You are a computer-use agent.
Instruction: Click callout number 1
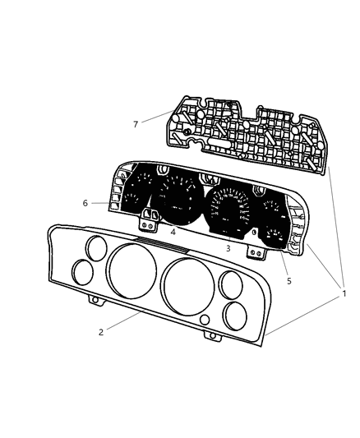coord(344,293)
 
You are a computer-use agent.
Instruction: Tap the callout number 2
coord(100,332)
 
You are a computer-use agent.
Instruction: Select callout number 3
coord(228,247)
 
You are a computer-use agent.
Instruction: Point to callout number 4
coord(173,232)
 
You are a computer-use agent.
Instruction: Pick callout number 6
coord(85,203)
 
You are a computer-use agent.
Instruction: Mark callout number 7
coord(136,123)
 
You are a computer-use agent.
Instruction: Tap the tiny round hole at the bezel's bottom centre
coord(205,319)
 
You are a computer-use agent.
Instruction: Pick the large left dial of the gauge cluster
coord(176,200)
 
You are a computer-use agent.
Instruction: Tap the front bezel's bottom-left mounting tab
coord(97,301)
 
